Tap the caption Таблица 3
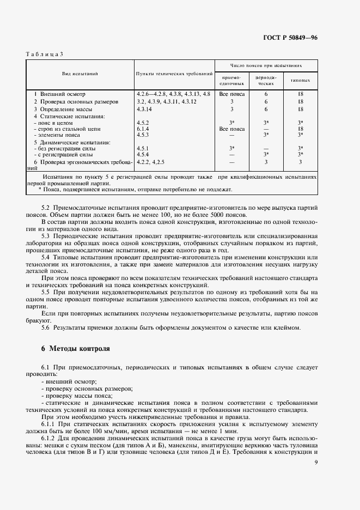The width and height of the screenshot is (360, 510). tap(44, 54)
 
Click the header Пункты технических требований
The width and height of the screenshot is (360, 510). tap(174, 73)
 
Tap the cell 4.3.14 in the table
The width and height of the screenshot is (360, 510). tap(145, 109)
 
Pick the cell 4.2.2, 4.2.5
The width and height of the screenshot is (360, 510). tap(150, 162)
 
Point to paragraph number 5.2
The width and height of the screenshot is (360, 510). tap(46, 208)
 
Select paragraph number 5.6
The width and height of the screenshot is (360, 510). tap(46, 327)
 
